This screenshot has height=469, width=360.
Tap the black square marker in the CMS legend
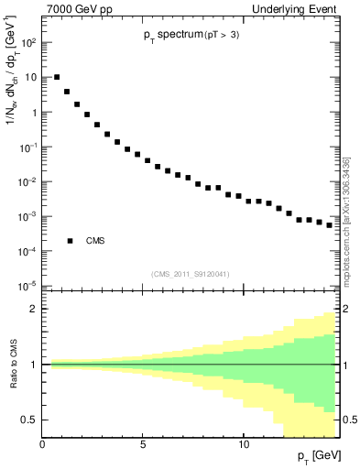pyautogui.click(x=71, y=241)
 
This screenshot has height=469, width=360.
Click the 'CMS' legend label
pyautogui.click(x=95, y=241)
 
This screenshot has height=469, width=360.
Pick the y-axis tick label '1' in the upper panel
pyautogui.click(x=33, y=113)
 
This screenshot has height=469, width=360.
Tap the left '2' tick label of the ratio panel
pyautogui.click(x=34, y=309)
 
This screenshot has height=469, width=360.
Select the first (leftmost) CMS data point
pyautogui.click(x=57, y=77)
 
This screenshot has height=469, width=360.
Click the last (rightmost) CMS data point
pyautogui.click(x=329, y=224)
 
